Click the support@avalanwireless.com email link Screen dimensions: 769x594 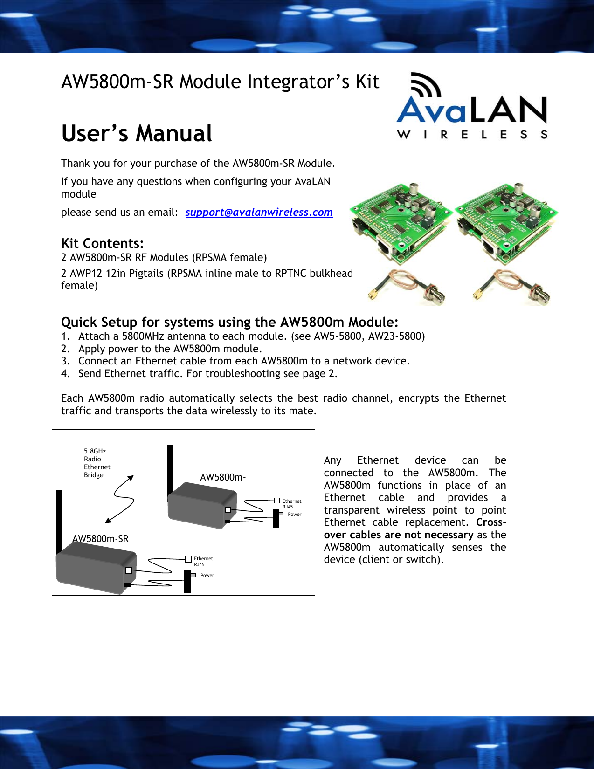point(259,213)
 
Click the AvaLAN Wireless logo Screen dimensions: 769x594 point(471,107)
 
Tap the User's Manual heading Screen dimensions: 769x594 point(137,134)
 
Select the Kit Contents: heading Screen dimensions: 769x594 point(102,243)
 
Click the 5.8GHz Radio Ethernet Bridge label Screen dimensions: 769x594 point(97,463)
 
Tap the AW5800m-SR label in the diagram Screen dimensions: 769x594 point(100,539)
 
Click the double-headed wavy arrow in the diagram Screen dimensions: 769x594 point(120,499)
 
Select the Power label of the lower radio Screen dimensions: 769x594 point(207,576)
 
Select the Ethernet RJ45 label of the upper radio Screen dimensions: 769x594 point(291,504)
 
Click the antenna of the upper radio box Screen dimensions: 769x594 point(170,471)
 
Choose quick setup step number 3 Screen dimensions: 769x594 point(244,361)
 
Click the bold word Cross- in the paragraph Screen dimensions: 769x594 point(490,522)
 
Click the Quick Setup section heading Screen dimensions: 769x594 point(229,323)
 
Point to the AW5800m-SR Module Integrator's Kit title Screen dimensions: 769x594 point(220,82)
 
